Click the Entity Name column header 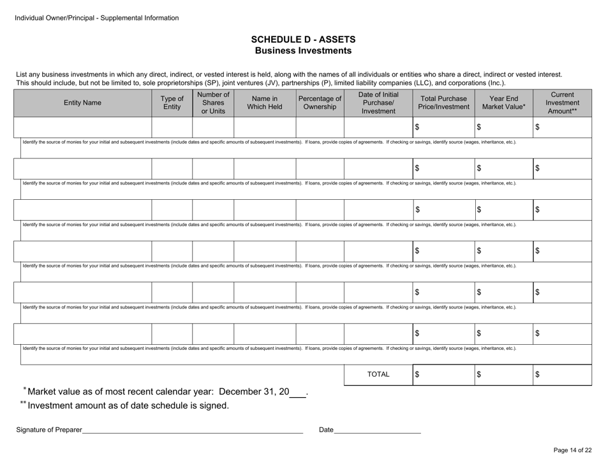click(x=82, y=102)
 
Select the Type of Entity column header click(x=172, y=102)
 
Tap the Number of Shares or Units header click(x=213, y=102)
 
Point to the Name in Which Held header click(x=265, y=102)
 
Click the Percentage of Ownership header click(x=320, y=102)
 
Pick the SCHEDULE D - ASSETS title click(x=303, y=39)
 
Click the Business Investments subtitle click(x=303, y=50)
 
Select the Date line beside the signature click(x=377, y=430)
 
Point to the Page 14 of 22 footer click(x=572, y=450)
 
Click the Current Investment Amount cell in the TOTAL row click(x=566, y=375)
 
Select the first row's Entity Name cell click(x=82, y=128)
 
